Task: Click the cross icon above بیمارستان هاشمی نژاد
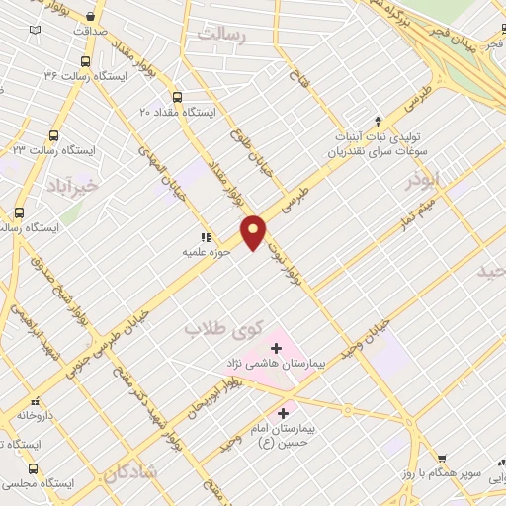[x=276, y=348]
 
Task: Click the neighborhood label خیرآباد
[x=73, y=185]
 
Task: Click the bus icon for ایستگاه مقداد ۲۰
[x=177, y=97]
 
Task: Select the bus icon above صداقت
[x=91, y=16]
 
